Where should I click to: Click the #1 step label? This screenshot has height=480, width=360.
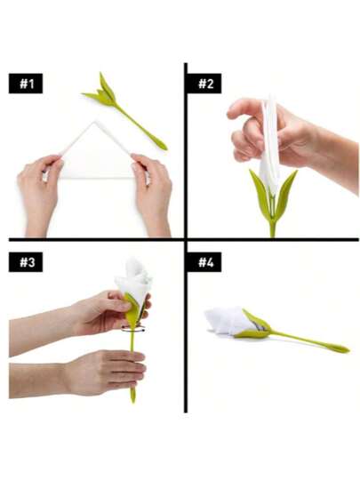tap(26, 84)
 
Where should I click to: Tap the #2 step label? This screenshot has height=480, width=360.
tap(204, 84)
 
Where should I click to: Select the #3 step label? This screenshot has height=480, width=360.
tap(26, 262)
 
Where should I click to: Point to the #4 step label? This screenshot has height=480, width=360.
tap(204, 262)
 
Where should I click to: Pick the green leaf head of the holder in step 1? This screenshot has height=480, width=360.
tap(101, 92)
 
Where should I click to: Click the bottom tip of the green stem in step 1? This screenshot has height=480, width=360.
tap(165, 148)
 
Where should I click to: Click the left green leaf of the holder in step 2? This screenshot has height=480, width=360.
tap(260, 195)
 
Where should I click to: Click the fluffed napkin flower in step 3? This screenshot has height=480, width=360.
tap(135, 282)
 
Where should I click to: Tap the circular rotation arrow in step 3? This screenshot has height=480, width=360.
tap(133, 329)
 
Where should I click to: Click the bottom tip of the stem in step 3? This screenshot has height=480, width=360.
tap(132, 402)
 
